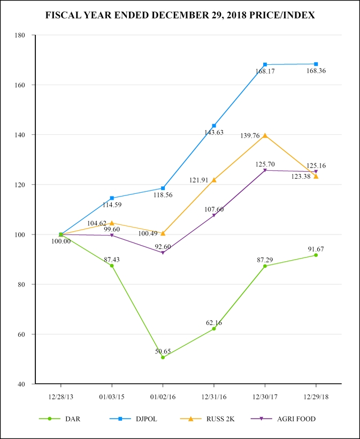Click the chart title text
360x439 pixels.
180,16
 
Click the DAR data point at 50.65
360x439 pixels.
163,357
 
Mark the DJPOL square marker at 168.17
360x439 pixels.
265,65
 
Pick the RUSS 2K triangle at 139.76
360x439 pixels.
265,135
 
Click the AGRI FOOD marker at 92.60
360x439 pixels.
163,253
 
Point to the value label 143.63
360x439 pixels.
213,132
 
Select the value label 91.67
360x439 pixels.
315,249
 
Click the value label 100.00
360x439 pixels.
60,241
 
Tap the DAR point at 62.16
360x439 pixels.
214,329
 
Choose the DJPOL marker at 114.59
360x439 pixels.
112,198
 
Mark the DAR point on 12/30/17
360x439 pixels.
265,266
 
